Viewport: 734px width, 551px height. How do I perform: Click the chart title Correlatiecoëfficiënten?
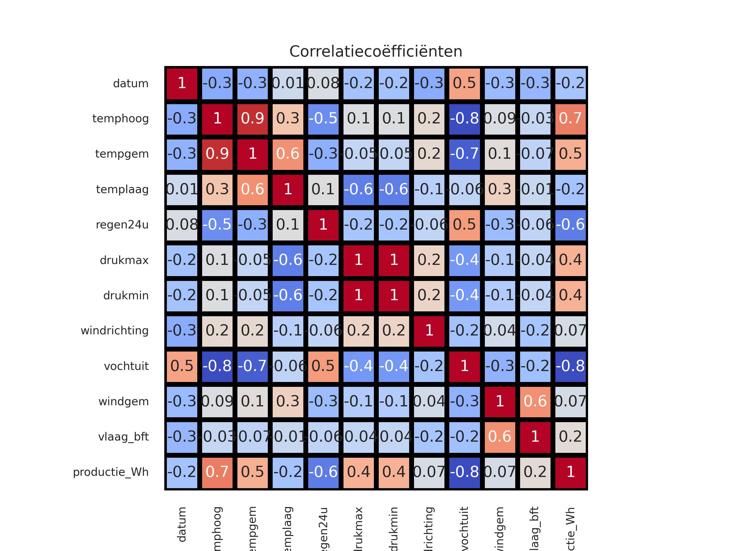coord(376,51)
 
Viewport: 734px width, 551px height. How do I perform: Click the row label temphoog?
coord(120,119)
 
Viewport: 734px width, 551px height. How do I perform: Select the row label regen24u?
coord(122,225)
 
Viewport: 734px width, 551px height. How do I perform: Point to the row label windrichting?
coord(114,331)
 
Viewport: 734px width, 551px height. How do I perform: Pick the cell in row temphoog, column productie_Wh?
coord(570,119)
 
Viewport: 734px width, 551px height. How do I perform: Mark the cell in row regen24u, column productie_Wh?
coord(570,225)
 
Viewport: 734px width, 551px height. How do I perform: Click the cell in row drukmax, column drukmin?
coord(394,260)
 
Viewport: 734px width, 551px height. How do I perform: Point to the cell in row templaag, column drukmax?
coord(359,190)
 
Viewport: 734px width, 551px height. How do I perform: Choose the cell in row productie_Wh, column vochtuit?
coord(464,472)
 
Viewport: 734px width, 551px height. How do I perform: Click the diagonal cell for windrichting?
coord(429,331)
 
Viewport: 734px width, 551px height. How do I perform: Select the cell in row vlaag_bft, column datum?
coord(182,437)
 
